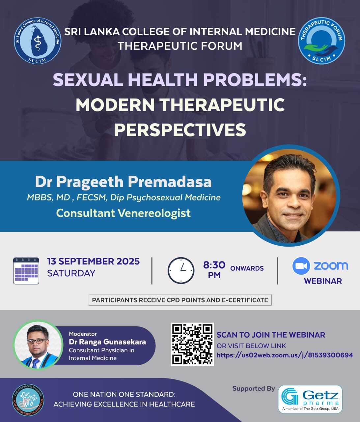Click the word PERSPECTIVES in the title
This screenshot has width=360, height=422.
click(x=180, y=130)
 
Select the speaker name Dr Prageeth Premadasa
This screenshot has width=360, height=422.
click(x=123, y=182)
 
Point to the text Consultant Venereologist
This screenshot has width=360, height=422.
click(x=124, y=213)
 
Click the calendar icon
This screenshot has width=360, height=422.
click(x=26, y=271)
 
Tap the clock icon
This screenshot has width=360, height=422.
click(x=181, y=271)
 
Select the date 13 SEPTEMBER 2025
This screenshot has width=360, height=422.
click(x=93, y=261)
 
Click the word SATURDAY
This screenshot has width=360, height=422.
click(x=71, y=273)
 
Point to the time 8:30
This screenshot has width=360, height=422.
click(x=214, y=265)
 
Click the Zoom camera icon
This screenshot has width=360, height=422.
click(x=301, y=266)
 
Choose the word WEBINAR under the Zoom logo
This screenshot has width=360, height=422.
click(x=323, y=281)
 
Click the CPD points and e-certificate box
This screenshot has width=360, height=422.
click(x=180, y=300)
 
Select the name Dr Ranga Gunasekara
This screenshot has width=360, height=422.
click(x=107, y=342)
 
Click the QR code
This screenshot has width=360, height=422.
click(x=192, y=344)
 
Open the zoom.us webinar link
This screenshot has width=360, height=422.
click(x=285, y=355)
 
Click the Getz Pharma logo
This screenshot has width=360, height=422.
click(x=310, y=399)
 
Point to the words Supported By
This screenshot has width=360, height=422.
click(x=254, y=388)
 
